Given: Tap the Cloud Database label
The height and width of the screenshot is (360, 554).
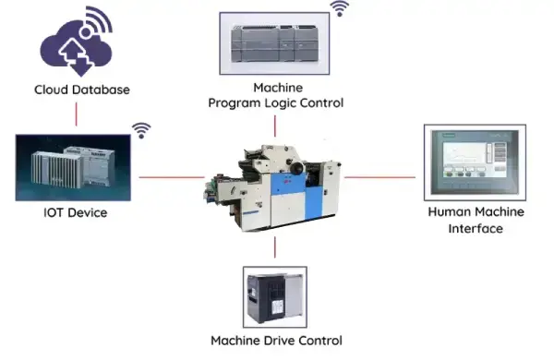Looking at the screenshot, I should [x=81, y=90].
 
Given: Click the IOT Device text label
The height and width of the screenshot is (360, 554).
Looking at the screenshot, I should [x=75, y=213].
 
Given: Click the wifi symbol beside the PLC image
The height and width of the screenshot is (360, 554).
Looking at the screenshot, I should [x=341, y=9].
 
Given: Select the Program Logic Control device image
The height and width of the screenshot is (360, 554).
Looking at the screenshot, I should [x=275, y=42].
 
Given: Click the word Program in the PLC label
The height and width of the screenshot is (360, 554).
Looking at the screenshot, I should [x=236, y=103].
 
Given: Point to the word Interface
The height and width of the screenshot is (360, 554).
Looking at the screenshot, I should [x=476, y=228].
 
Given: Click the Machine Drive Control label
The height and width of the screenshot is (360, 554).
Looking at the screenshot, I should [x=276, y=341].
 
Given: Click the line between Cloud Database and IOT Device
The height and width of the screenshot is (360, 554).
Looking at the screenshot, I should [x=76, y=114].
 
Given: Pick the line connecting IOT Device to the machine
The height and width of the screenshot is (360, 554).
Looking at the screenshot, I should [x=170, y=176].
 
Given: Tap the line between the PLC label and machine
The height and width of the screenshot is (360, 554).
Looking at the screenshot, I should [x=275, y=126].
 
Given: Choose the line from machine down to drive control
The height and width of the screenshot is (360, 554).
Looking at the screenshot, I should [x=275, y=246].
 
